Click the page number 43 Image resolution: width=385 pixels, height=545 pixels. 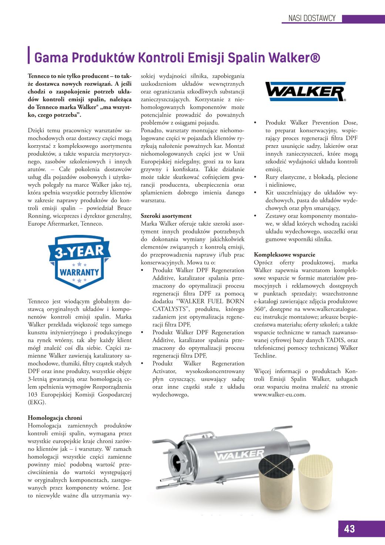[349, 529]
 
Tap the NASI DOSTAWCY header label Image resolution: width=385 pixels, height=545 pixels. [312, 18]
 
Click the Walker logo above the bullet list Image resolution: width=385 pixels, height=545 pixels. [305, 92]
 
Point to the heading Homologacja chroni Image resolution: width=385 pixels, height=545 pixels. [55, 418]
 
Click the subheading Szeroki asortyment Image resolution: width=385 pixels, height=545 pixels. [166, 216]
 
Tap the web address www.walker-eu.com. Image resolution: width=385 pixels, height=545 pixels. [279, 395]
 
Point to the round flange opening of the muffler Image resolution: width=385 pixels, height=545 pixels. [180, 463]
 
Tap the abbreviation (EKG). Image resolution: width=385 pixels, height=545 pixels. [37, 402]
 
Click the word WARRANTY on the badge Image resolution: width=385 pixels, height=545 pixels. [80, 272]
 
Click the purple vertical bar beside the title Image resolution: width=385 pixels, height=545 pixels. [29, 55]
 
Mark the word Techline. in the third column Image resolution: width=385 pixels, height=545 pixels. [265, 356]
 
